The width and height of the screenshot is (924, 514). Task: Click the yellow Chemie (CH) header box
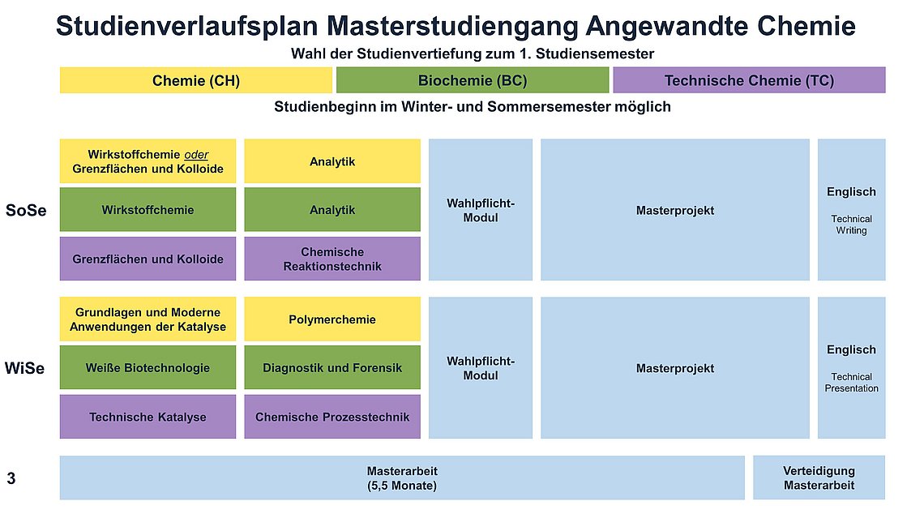point(195,80)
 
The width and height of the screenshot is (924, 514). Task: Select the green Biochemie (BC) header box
point(472,80)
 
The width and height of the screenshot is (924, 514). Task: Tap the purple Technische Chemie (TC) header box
point(749,80)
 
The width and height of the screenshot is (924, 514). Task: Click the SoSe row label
point(26,211)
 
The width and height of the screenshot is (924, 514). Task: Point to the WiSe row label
point(25,368)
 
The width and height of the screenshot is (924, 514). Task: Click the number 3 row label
point(11,478)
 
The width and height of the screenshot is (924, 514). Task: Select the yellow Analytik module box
point(332,161)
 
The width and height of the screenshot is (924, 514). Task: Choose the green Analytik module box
point(332,209)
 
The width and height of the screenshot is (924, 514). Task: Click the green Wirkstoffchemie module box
point(148,209)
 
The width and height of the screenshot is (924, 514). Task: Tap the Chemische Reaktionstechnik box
point(332,259)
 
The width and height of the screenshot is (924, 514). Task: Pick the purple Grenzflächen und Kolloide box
point(148,259)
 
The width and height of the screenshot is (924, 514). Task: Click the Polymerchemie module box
point(332,319)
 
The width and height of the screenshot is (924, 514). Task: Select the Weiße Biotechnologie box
point(148,367)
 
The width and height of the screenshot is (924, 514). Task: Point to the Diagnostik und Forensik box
point(332,367)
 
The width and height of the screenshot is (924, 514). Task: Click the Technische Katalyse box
point(148,417)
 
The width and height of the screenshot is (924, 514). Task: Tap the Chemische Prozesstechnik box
point(332,417)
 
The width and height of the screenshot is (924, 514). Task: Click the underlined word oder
point(196,154)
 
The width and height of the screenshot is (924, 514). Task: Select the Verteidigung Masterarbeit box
point(819,478)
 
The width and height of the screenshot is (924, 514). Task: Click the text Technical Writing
point(852,225)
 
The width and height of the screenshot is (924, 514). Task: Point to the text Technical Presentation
point(852,383)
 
